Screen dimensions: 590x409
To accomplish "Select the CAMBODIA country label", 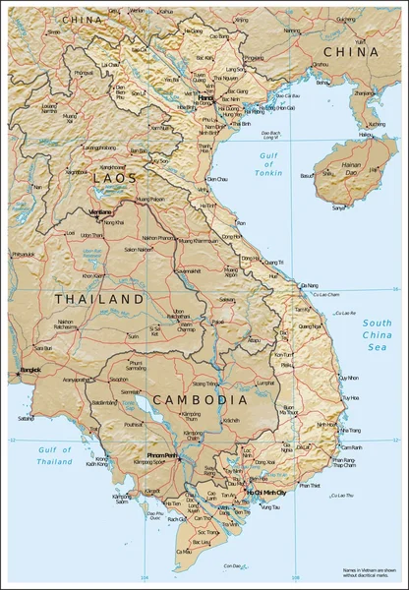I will point(201,400).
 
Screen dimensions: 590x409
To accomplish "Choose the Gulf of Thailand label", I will point(55,454).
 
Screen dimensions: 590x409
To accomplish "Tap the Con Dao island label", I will point(232,565).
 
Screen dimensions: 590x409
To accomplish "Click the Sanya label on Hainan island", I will point(339,207).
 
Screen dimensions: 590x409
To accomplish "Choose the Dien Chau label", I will point(218,180).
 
